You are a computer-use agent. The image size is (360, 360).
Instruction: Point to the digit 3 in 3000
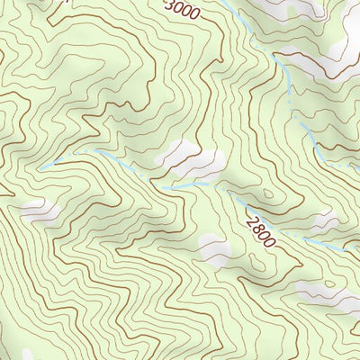pos(171,4)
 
